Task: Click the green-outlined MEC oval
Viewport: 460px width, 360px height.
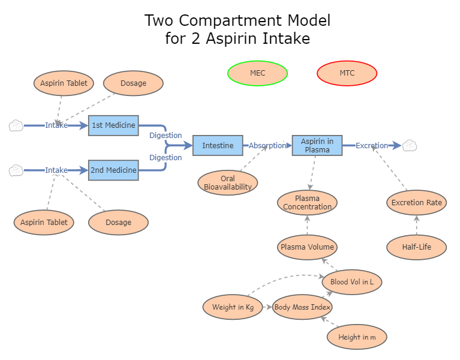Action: (x=257, y=73)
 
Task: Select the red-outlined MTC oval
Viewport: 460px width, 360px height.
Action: (x=347, y=73)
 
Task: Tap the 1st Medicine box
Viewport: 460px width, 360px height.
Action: (x=113, y=125)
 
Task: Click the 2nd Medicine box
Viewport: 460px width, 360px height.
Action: (x=113, y=170)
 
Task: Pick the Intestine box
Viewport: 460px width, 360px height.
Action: (x=218, y=146)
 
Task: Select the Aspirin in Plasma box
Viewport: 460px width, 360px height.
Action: (x=317, y=146)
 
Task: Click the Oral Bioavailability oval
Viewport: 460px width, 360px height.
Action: (x=227, y=183)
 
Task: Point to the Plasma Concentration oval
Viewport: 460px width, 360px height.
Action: (x=307, y=203)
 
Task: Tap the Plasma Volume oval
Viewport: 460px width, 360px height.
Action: (x=307, y=247)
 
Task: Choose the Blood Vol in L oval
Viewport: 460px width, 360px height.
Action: (x=351, y=281)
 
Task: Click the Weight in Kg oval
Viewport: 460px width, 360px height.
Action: (x=233, y=307)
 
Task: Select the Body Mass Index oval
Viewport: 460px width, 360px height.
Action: (x=302, y=307)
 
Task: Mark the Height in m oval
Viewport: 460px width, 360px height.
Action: (x=357, y=337)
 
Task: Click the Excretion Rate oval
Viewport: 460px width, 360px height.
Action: (x=416, y=202)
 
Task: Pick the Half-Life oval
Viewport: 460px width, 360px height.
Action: (x=416, y=247)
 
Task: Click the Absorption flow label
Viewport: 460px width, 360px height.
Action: (x=267, y=146)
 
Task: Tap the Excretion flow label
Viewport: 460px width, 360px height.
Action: (x=372, y=146)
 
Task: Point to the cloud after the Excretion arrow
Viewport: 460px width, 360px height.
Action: (x=410, y=145)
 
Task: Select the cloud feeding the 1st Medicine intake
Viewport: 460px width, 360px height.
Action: (x=16, y=125)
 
